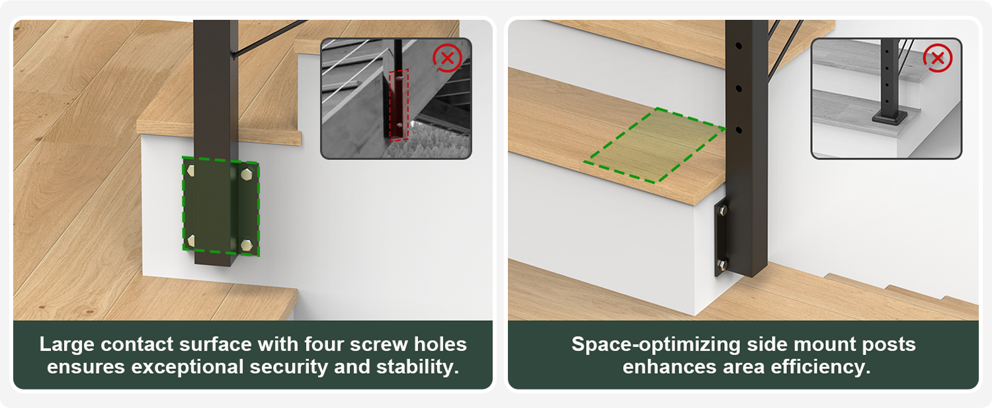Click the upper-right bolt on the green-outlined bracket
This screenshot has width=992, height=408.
pyautogui.click(x=247, y=174)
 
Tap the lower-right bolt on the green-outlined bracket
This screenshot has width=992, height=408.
pyautogui.click(x=247, y=245)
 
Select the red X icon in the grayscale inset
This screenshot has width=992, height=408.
pyautogui.click(x=447, y=58)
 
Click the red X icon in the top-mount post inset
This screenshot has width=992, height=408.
pyautogui.click(x=938, y=58)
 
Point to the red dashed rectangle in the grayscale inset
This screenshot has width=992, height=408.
pyautogui.click(x=399, y=105)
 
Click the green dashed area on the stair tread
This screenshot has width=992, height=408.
pyautogui.click(x=655, y=145)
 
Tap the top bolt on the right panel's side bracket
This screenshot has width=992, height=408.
pyautogui.click(x=722, y=210)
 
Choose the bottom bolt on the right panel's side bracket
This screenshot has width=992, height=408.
pyautogui.click(x=722, y=265)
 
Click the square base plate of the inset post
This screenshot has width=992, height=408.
pyautogui.click(x=889, y=118)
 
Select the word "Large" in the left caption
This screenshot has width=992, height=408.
pyautogui.click(x=66, y=345)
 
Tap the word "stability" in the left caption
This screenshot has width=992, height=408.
pyautogui.click(x=417, y=367)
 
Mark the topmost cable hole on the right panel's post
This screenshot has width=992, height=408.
pyautogui.click(x=739, y=46)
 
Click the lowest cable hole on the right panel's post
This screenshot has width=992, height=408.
pyautogui.click(x=739, y=131)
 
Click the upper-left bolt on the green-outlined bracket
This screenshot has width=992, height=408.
pyautogui.click(x=191, y=171)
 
